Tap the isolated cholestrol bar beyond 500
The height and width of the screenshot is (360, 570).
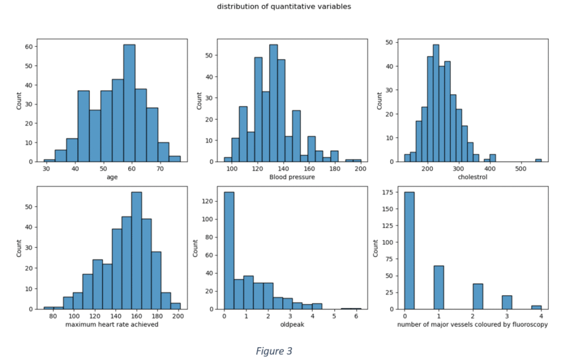tap(538, 160)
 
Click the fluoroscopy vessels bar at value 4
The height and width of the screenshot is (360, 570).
tap(536, 307)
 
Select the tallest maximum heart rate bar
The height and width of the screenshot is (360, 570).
tap(136, 250)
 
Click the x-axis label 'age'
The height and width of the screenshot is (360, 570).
tap(112, 177)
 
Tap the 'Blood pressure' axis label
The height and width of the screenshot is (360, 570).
tap(292, 177)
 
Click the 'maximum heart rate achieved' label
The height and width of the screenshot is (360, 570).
tap(112, 324)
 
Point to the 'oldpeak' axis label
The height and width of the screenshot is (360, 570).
tap(292, 324)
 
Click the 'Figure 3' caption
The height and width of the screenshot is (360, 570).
tap(274, 351)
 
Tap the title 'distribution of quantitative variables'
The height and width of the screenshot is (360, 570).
tap(284, 7)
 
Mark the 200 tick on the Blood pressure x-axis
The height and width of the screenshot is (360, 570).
tap(361, 169)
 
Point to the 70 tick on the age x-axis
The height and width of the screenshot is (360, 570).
tap(160, 169)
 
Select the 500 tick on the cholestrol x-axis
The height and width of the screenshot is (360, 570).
tap(520, 169)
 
